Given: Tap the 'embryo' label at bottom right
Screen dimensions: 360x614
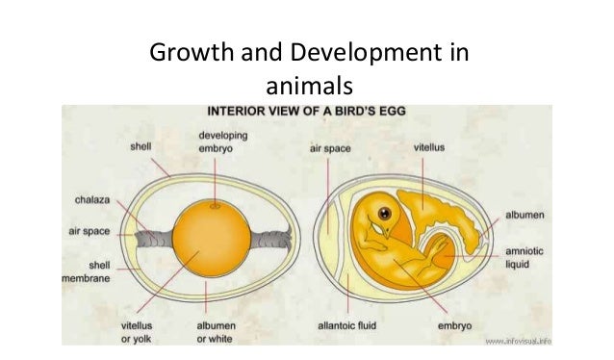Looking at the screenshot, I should pos(458,325).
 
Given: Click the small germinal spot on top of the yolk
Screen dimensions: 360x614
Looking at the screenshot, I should pos(214,206).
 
